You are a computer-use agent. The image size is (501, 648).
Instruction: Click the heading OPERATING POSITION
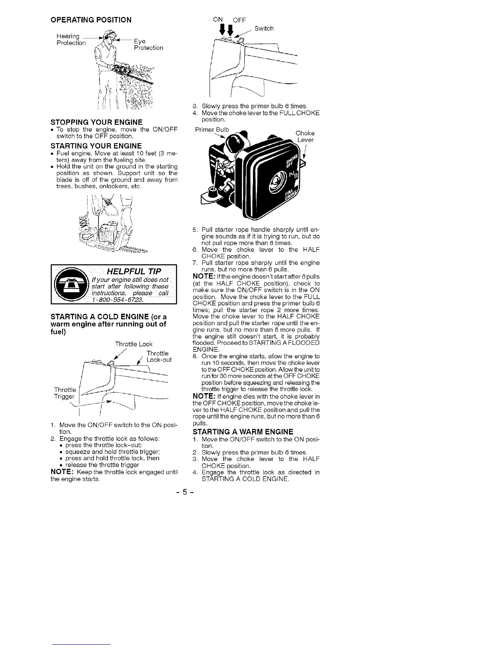coord(91,20)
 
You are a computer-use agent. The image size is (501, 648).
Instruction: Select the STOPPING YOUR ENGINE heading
coord(96,122)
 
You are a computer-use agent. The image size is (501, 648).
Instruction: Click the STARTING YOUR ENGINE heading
coord(96,146)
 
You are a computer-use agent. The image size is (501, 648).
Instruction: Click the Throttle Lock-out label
coord(159,357)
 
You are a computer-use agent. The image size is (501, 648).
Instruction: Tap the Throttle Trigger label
coord(65,393)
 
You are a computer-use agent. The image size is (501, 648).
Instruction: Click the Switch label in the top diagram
coord(264,29)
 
